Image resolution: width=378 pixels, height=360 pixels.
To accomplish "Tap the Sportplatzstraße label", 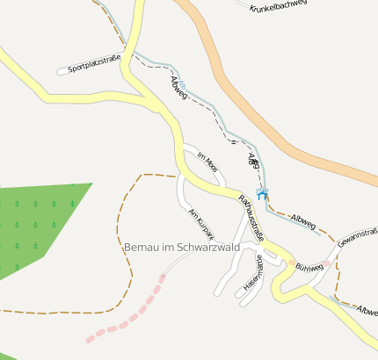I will (93, 63).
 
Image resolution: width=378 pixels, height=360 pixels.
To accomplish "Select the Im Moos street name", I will (207, 160).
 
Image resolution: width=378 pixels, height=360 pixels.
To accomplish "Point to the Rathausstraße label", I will (251, 216).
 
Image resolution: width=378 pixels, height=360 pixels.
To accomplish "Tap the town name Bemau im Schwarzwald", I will (183, 248).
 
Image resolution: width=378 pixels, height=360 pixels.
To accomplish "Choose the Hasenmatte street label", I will (254, 271).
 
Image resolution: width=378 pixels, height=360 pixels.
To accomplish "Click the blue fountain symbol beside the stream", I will (260, 192).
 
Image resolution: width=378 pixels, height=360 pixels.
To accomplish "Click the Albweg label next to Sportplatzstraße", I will (178, 87).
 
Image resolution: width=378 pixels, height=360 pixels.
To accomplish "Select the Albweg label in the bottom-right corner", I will (367, 311).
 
